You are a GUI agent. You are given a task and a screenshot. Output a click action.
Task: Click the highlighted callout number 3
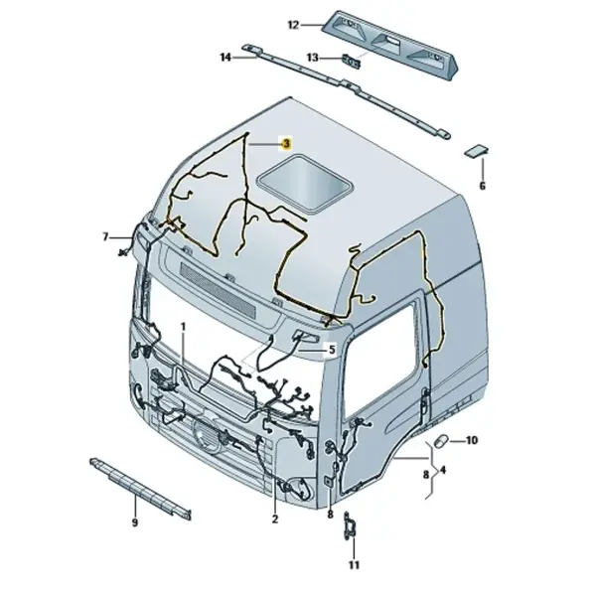click(286, 144)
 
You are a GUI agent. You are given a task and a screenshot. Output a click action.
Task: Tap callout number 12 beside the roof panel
click(293, 25)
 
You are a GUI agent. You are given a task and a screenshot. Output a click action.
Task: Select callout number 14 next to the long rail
click(225, 58)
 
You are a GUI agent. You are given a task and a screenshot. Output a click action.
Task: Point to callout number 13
click(312, 58)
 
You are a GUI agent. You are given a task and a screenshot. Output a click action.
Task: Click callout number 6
click(483, 186)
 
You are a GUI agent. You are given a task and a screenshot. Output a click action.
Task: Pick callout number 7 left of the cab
click(105, 236)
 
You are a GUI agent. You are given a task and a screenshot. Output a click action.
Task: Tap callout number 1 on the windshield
click(183, 327)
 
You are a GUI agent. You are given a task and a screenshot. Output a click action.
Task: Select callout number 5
click(332, 349)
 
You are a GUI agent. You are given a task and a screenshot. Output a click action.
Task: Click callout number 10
click(471, 440)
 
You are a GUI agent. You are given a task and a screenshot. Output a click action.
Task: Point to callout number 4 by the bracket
click(443, 470)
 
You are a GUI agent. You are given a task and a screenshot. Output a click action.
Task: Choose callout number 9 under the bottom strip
click(134, 523)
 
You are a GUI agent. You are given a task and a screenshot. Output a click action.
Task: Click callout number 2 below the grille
click(275, 519)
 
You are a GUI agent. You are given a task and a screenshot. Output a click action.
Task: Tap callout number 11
click(354, 565)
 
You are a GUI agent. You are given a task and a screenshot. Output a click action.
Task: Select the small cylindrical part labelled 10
click(442, 441)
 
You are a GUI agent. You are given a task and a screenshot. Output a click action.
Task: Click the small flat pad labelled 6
click(476, 150)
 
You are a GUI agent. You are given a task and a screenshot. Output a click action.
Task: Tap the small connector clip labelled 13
click(352, 62)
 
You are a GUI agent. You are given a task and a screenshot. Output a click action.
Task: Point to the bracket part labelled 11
click(349, 527)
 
